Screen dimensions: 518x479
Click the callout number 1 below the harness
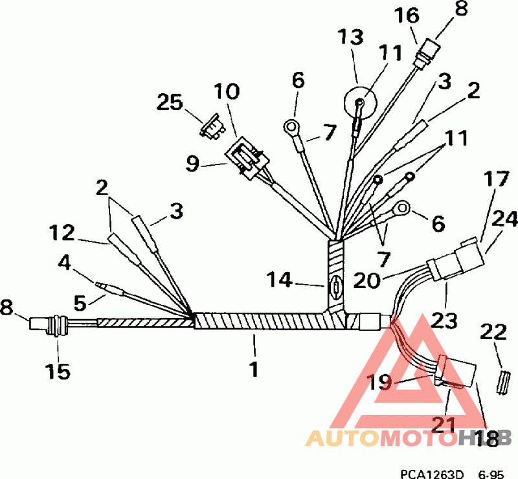(254, 370)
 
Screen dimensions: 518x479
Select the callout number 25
(170, 102)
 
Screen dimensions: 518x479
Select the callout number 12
(63, 231)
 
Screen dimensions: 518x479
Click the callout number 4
(65, 263)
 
